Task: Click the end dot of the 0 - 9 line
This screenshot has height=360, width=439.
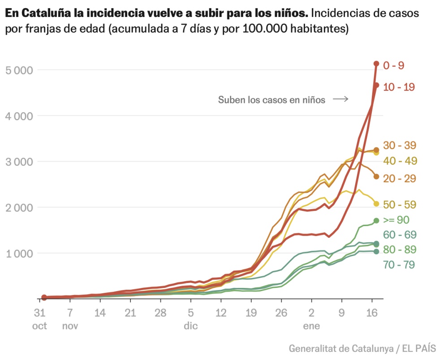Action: pyautogui.click(x=376, y=64)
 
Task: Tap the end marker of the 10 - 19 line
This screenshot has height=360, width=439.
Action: pyautogui.click(x=376, y=85)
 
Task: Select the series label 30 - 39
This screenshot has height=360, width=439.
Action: pyautogui.click(x=400, y=146)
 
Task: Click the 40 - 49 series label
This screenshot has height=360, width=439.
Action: pyautogui.click(x=400, y=161)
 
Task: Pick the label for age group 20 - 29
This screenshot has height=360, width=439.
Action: pyautogui.click(x=400, y=178)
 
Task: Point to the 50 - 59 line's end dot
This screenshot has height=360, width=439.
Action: pyautogui.click(x=376, y=204)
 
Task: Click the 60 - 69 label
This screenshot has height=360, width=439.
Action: pyautogui.click(x=400, y=235)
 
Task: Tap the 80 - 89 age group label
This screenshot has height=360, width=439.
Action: pyautogui.click(x=400, y=249)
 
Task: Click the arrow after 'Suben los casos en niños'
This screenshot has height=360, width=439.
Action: pyautogui.click(x=340, y=99)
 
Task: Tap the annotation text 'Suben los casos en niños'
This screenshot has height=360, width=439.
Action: pyautogui.click(x=271, y=100)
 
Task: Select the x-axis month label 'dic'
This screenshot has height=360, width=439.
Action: pyautogui.click(x=190, y=326)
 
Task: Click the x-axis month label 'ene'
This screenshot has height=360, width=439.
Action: pyautogui.click(x=311, y=326)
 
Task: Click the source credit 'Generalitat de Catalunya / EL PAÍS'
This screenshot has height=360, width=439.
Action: pyautogui.click(x=362, y=348)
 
